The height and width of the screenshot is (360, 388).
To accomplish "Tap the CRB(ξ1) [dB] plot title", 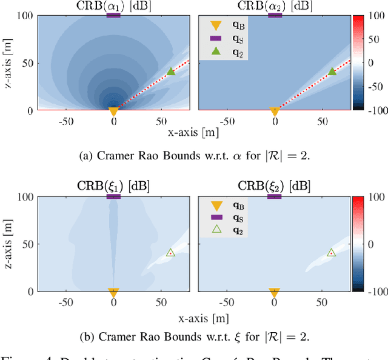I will [x=113, y=186].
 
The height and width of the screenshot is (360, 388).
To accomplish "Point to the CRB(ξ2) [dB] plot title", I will [x=275, y=186].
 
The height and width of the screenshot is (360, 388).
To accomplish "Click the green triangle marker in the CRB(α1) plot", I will [x=171, y=72].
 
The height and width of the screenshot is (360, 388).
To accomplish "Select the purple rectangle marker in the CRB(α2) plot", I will [x=275, y=15].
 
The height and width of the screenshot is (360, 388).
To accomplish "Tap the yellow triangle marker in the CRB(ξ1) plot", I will [x=113, y=292].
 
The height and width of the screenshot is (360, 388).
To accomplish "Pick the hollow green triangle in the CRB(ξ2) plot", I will [x=331, y=252].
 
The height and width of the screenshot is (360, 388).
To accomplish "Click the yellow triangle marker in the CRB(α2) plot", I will [x=275, y=112].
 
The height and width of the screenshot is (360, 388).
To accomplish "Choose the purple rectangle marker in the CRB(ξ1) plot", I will [x=113, y=196].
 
